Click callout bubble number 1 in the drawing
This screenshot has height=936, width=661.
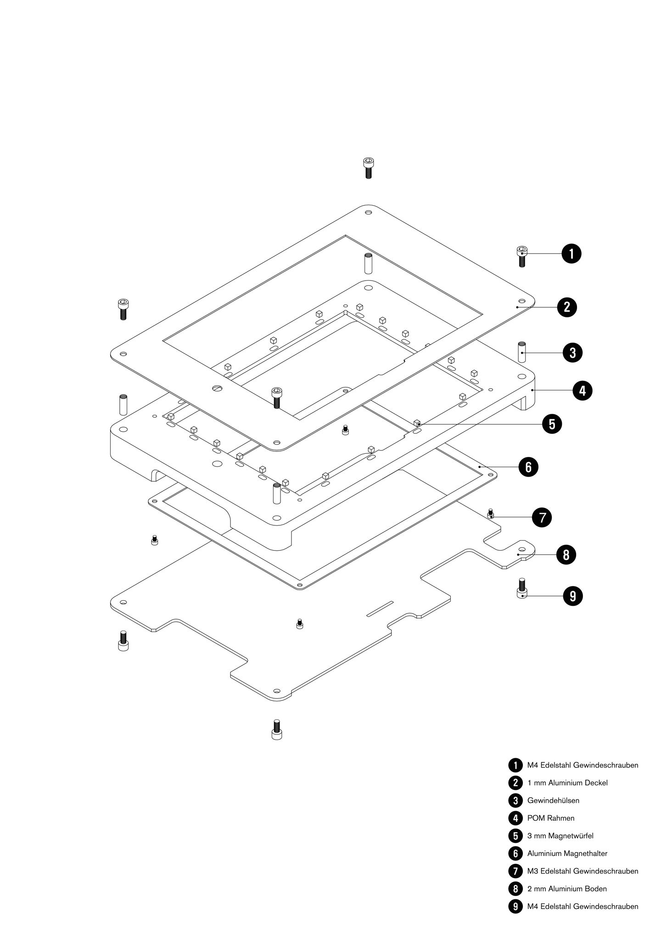pos(571,254)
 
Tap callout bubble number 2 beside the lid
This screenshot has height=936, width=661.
pos(567,307)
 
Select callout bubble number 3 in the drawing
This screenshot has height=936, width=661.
pos(572,353)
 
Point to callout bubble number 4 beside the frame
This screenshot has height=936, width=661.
pos(582,390)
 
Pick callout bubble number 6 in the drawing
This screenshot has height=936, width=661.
pos(528,467)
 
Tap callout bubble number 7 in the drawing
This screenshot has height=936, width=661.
pos(542,518)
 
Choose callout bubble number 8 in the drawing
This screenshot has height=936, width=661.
pos(566,555)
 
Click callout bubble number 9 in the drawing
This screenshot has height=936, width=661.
pos(572,596)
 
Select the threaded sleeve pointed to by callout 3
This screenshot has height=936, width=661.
pos(522,352)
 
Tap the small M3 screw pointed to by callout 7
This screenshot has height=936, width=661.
pos(491,514)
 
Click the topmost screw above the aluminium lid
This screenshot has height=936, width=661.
pos(368,168)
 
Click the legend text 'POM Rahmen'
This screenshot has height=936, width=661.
pos(550,818)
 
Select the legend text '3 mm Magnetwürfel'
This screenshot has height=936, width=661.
pos(560,836)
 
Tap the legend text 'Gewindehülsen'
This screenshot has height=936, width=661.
pos(553,801)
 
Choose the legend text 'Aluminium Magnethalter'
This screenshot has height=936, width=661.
pos(567,853)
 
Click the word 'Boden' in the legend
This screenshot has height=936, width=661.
pos(596,889)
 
